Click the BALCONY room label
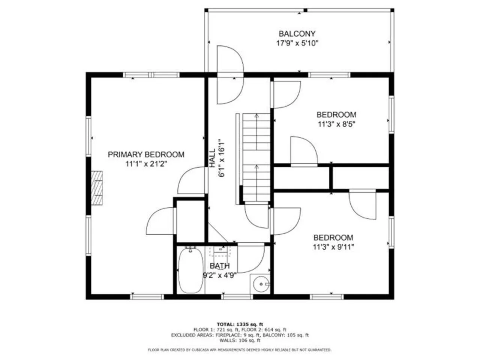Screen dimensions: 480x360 point(297,34)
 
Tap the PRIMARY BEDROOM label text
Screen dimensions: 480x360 point(146,154)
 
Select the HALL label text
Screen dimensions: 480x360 point(212,158)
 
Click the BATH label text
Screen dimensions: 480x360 point(219,266)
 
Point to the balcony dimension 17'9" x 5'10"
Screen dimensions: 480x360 point(297,43)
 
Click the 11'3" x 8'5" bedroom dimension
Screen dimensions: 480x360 point(336,124)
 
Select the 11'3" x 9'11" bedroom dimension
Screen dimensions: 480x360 point(333,247)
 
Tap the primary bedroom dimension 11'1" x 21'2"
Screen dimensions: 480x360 point(146,164)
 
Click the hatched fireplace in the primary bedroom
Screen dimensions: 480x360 point(97,188)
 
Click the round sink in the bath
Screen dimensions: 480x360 point(261,284)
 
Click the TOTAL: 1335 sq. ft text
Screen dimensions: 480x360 point(240,324)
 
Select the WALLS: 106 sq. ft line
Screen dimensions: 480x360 point(240,340)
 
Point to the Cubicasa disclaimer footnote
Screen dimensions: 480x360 point(240,350)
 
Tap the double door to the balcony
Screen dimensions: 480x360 point(230,75)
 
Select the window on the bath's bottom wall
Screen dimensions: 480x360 point(237,297)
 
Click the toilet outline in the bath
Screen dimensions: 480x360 point(220,251)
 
